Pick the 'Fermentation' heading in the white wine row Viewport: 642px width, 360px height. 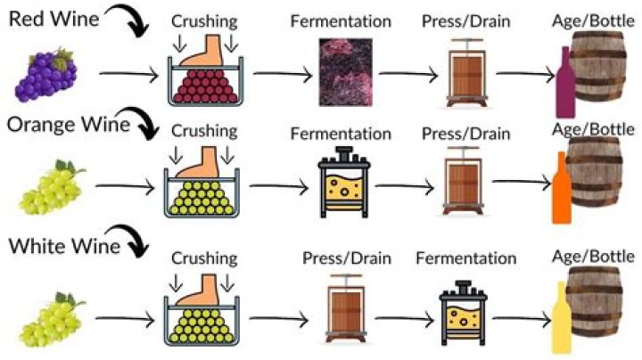point(465,258)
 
